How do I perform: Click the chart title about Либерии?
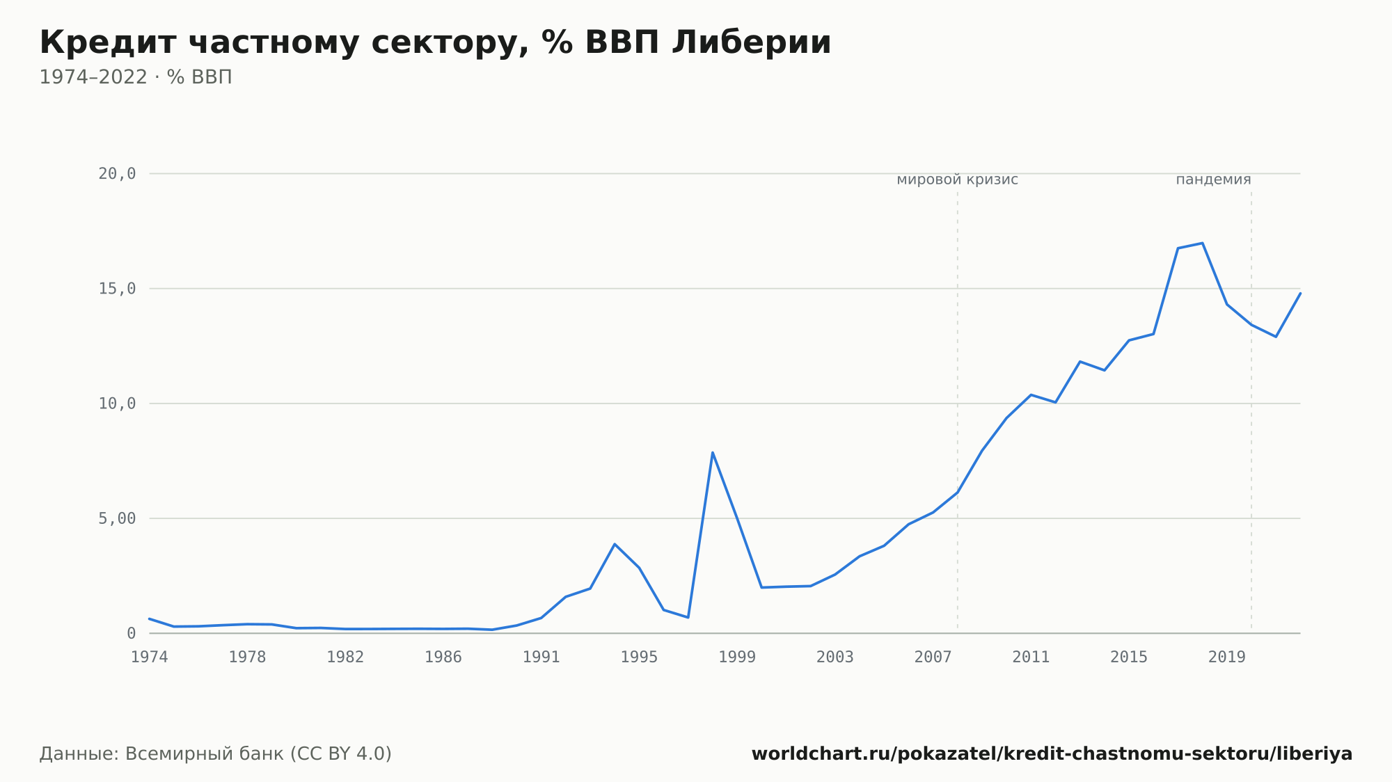pos(435,42)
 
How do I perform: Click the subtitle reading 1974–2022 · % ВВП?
pos(136,77)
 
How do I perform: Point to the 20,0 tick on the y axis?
pos(117,174)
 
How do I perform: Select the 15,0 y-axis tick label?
pos(117,289)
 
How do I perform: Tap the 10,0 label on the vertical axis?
pos(117,404)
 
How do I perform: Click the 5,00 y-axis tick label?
pos(117,518)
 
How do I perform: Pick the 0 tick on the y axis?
pos(131,633)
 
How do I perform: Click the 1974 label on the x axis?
pos(150,657)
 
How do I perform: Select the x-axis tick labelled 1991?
pos(541,657)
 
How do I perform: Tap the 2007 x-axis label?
pos(933,657)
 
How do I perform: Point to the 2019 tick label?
pos(1227,657)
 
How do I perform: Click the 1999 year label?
pos(737,657)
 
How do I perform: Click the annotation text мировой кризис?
pos(957,179)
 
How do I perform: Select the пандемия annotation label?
pos(1213,179)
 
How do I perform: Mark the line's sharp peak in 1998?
pos(713,452)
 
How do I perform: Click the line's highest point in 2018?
pos(1203,243)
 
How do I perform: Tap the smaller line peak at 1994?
pos(615,544)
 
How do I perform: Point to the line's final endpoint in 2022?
pos(1300,293)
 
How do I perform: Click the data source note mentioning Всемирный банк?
pos(216,754)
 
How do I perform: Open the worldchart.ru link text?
pos(1052,754)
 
